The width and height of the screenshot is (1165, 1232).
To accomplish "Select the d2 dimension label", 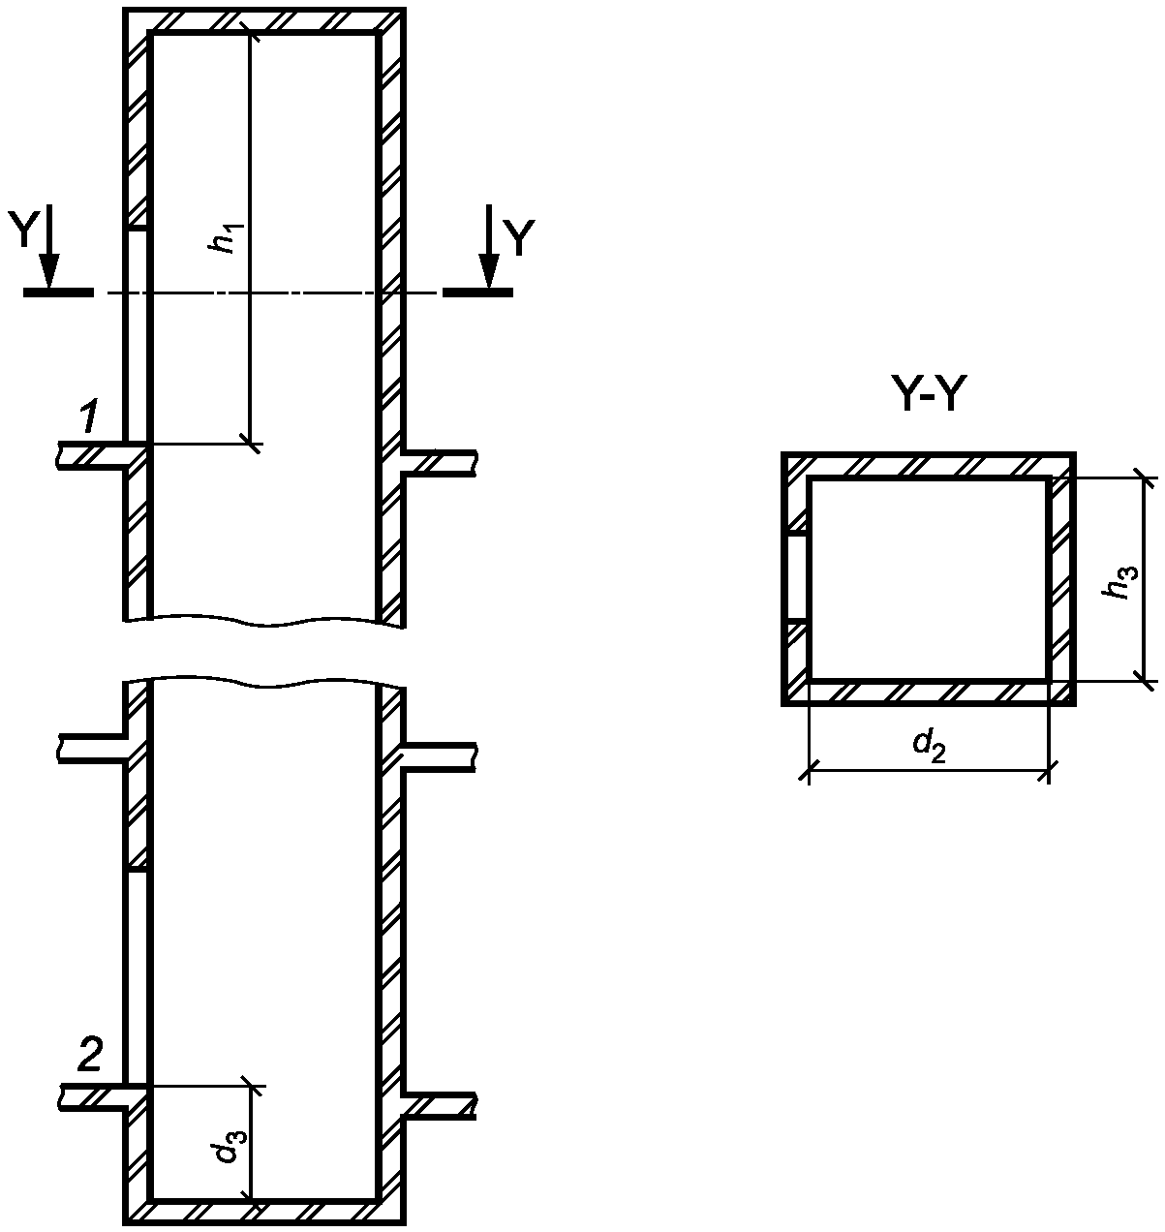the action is click(x=929, y=746).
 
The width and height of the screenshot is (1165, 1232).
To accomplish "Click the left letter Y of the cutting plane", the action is click(x=23, y=229).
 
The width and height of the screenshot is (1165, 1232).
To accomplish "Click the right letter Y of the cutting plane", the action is click(x=519, y=238).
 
